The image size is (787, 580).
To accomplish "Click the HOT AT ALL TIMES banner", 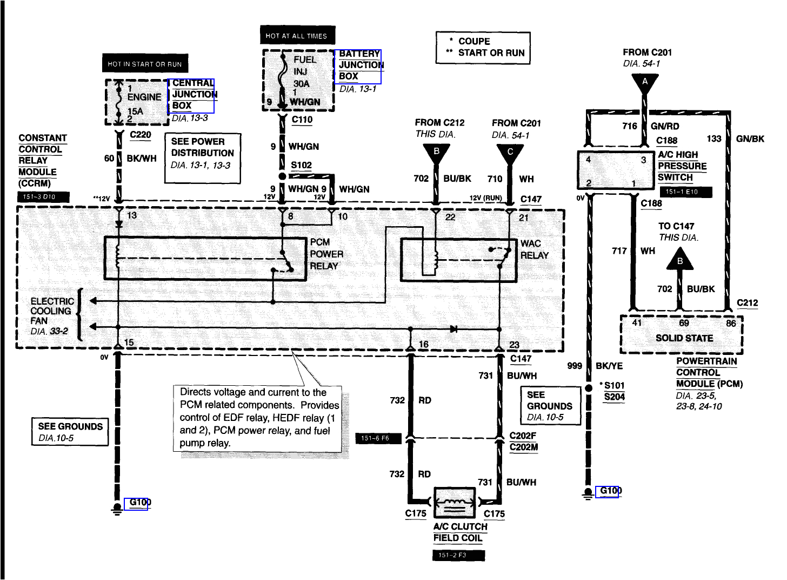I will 297,36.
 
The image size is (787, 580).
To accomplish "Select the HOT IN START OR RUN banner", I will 145,64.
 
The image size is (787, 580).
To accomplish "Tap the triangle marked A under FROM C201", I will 645,83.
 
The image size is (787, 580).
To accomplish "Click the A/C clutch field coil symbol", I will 455,503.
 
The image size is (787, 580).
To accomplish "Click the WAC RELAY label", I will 534,249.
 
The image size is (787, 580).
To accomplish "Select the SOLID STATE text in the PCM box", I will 684,338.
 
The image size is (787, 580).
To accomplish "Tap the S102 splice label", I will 301,166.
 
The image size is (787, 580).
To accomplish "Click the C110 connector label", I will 302,120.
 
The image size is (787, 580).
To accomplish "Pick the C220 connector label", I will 141,135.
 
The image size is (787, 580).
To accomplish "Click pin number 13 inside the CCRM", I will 132,215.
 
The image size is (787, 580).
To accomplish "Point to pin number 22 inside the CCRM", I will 450,217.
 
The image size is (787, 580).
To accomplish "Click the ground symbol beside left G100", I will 117,509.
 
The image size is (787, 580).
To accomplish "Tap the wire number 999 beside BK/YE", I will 574,366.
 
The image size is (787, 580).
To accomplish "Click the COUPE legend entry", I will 473,41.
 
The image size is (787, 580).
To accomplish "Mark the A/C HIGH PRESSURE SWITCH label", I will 682,166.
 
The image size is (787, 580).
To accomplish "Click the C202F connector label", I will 523,436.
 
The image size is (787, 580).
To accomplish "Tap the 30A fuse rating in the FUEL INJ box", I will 302,84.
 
